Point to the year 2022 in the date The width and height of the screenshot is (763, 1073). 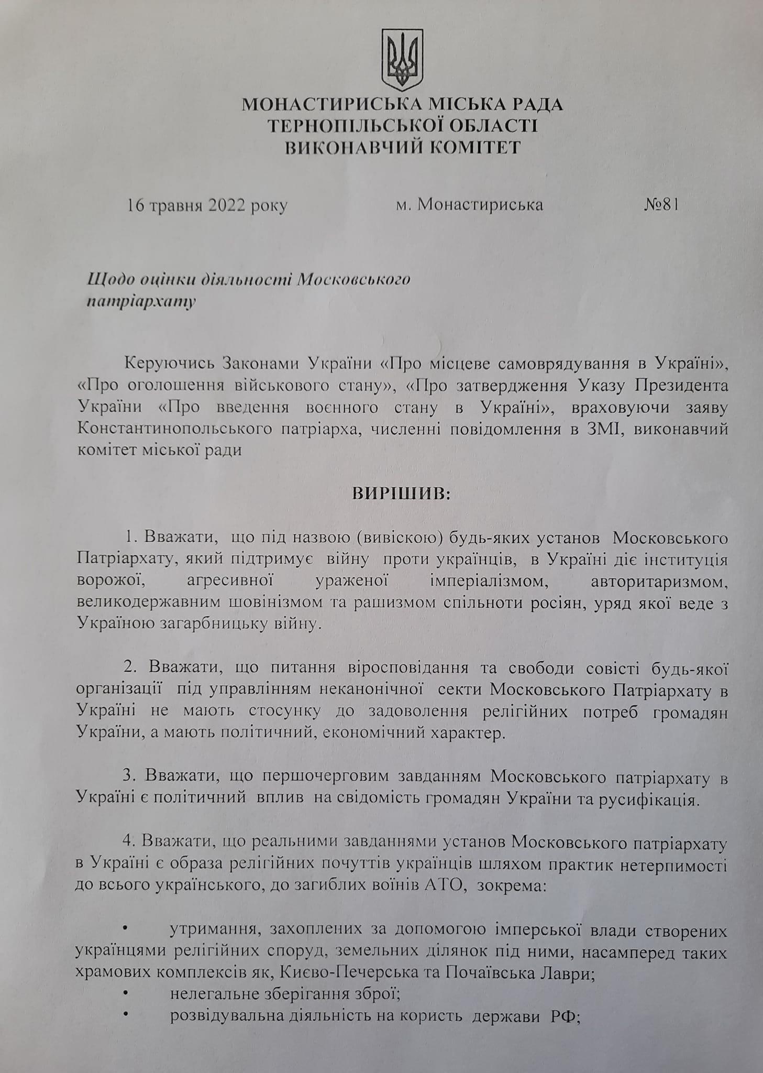coord(227,205)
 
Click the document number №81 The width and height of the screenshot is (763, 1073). coord(661,204)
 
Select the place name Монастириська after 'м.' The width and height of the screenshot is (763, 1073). coord(480,204)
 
